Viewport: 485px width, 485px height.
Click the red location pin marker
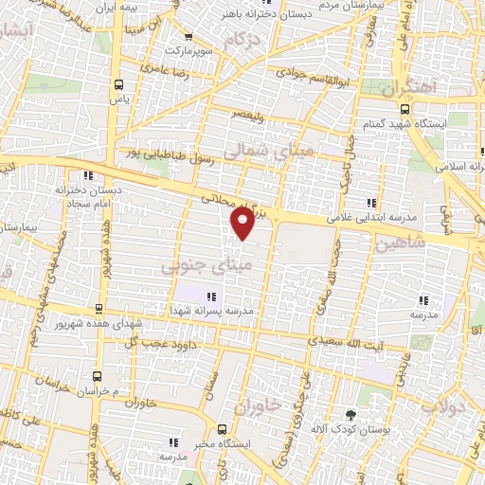[x=242, y=224]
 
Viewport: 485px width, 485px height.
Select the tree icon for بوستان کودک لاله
[x=351, y=415]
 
